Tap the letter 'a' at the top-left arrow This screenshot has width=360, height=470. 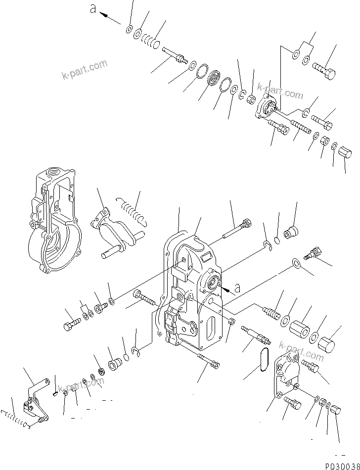coord(92,8)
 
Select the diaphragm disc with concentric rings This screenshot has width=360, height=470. coord(215,79)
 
